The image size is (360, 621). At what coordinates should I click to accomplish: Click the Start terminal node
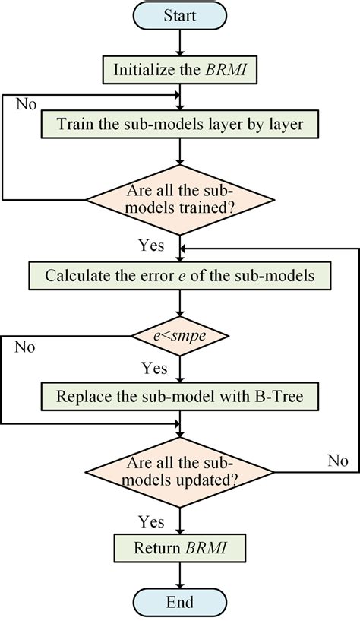[180, 16]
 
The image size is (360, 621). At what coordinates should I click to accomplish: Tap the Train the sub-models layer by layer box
[179, 122]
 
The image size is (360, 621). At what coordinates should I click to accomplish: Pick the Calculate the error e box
[179, 275]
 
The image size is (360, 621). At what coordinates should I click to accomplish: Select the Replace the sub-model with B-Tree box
[179, 396]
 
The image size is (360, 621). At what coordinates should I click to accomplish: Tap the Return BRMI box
[179, 547]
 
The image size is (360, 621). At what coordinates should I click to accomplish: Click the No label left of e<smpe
[25, 349]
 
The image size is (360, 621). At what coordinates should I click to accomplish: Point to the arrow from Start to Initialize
[179, 43]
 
